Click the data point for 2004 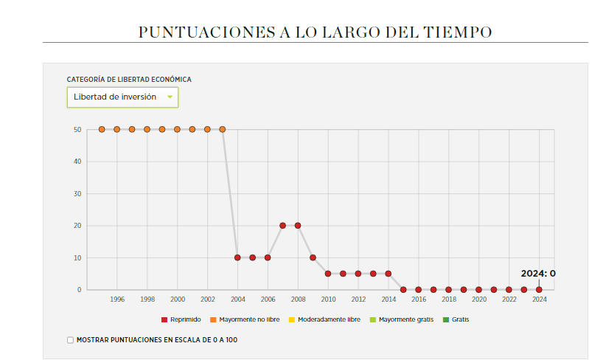(x=237, y=257)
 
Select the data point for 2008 (x=298, y=226)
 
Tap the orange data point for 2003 (x=223, y=129)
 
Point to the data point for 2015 (x=403, y=290)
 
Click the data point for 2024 (x=539, y=290)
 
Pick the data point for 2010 (x=328, y=274)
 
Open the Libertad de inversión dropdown (x=122, y=97)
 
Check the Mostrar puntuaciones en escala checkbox (x=71, y=340)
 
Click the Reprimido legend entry (x=181, y=319)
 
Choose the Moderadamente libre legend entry (x=324, y=319)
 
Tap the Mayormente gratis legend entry (x=401, y=319)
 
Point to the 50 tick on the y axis (x=77, y=129)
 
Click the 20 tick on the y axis (x=77, y=226)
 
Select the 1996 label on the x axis (x=117, y=300)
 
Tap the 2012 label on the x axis (x=358, y=300)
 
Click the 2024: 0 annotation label (x=538, y=274)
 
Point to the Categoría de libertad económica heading (x=129, y=80)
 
